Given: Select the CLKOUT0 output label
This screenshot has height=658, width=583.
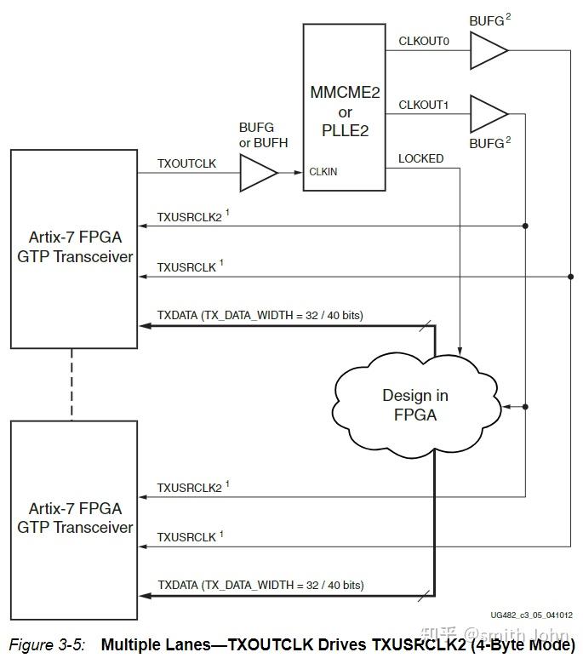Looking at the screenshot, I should (423, 40).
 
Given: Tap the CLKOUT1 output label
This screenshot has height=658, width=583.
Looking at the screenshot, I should (423, 105).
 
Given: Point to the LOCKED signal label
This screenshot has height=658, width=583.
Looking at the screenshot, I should (420, 158).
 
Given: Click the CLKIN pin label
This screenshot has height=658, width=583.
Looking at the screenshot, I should (323, 172).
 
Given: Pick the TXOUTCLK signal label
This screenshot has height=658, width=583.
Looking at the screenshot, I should (186, 163).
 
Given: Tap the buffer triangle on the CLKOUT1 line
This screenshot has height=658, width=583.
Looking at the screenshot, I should (487, 113).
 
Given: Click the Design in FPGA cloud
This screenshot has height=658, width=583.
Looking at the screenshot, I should (415, 404).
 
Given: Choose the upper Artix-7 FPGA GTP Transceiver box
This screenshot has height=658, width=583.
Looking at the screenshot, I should (74, 248).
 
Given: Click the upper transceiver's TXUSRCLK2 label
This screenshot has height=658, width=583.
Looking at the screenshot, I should (189, 217).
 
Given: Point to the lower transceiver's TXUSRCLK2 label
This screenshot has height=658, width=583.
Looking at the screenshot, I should (189, 488).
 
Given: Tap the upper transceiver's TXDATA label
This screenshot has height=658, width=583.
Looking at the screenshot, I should (260, 315).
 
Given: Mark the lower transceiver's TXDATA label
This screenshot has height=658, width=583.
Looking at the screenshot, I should (260, 585).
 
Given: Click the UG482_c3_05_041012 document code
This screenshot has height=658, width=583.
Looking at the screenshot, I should (531, 615).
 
